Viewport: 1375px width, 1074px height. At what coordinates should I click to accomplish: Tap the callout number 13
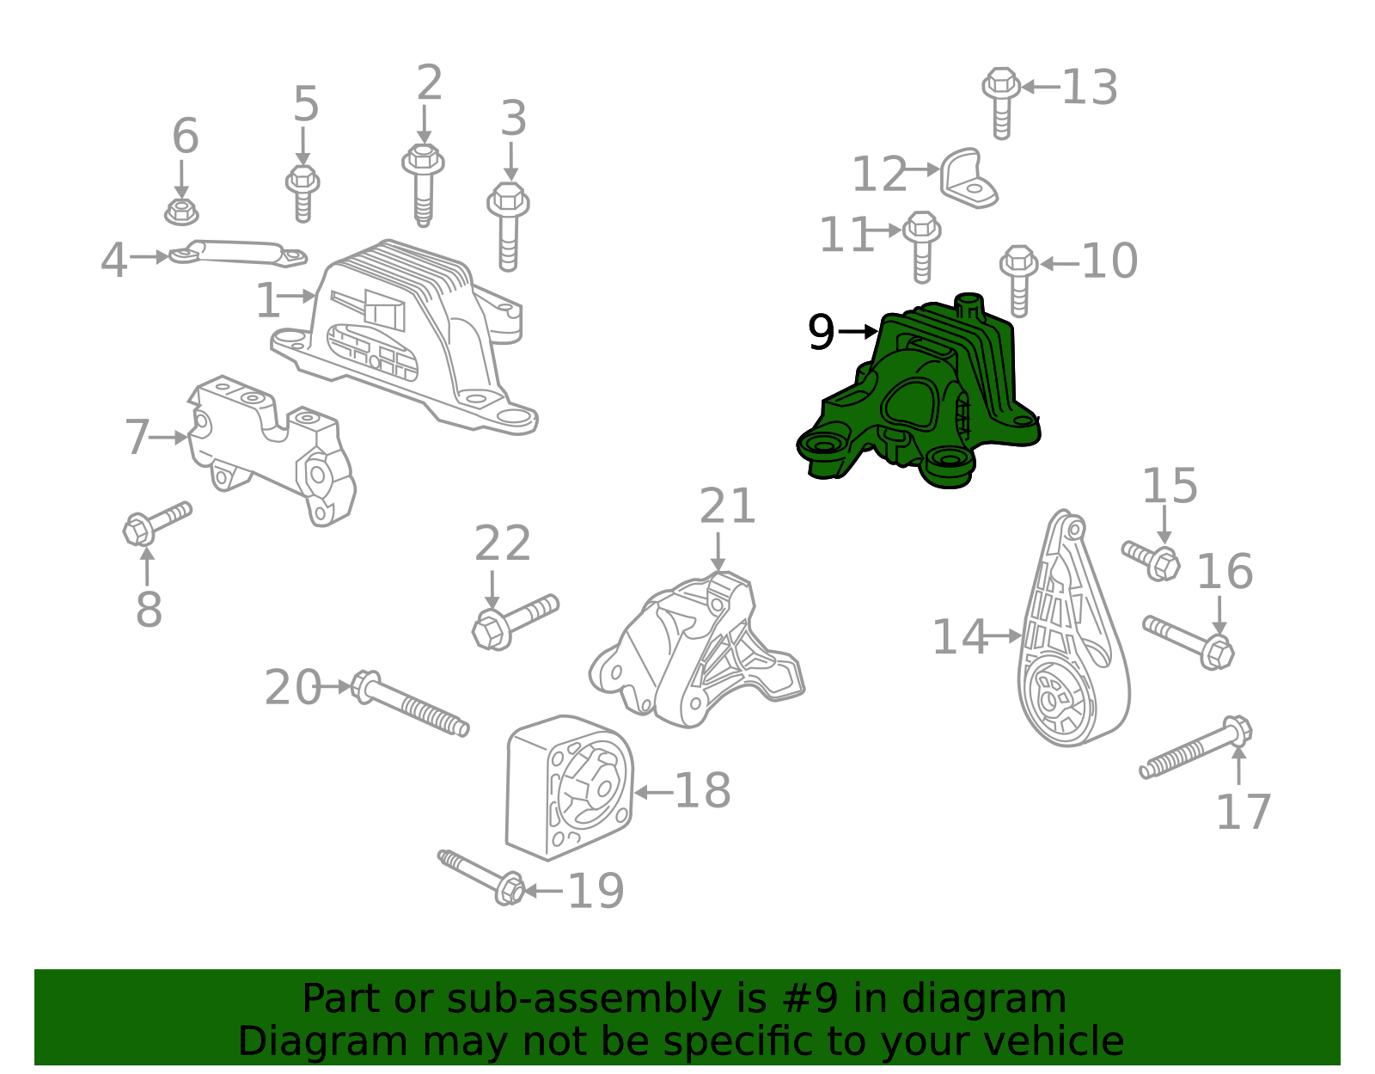pos(1090,88)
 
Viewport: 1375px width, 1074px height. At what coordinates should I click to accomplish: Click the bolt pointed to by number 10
pos(1019,279)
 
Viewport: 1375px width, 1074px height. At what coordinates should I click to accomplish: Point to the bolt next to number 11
pos(921,245)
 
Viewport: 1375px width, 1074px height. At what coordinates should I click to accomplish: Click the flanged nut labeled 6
pos(180,211)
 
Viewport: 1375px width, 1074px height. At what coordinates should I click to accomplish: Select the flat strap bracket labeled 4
pos(236,253)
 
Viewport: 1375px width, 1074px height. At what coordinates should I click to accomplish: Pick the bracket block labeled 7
pos(271,447)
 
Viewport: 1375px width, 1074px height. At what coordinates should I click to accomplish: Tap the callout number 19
pos(596,891)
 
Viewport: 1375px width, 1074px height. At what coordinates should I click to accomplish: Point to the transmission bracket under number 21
pos(696,654)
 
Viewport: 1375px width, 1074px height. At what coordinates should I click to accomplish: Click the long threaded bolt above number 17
pos(1195,747)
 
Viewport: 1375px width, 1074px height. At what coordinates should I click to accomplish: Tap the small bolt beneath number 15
pos(1152,559)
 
